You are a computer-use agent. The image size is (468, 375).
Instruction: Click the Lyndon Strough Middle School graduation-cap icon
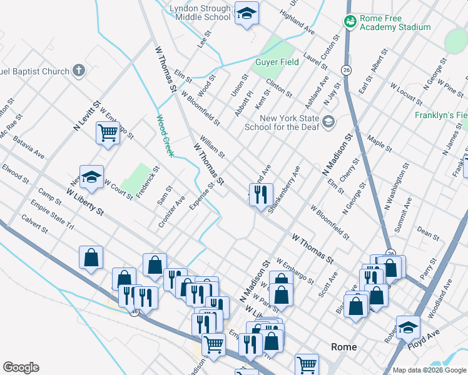pos(247,14)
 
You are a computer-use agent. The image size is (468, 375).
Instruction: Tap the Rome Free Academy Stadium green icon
pos(350,21)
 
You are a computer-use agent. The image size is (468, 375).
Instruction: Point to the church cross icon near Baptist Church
pos(79,70)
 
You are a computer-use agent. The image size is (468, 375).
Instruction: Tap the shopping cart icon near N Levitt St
pos(108,132)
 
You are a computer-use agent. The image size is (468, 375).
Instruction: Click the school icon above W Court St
pos(91,177)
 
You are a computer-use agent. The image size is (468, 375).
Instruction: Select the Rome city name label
pos(343,347)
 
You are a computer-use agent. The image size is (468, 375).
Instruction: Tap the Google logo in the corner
pos(21,367)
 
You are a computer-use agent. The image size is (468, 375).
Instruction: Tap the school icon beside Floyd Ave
pos(408,326)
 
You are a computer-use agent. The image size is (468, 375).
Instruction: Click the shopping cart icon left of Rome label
pos(307,364)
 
